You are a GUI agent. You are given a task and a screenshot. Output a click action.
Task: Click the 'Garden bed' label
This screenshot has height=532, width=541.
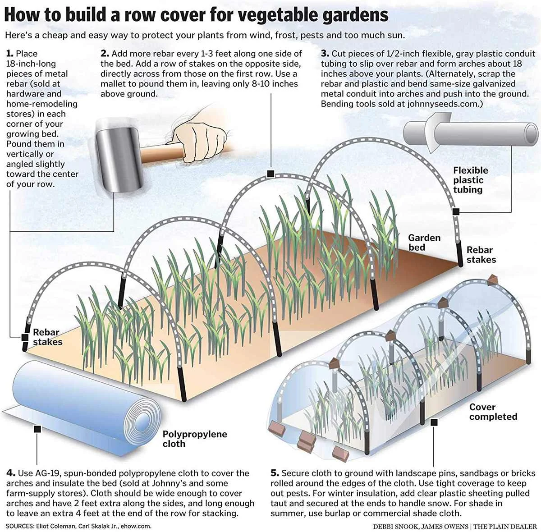coord(424,243)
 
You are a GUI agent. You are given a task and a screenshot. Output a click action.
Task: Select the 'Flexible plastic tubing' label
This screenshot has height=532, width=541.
coord(470,180)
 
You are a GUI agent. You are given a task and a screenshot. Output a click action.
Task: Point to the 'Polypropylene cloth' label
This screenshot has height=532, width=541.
coord(195,439)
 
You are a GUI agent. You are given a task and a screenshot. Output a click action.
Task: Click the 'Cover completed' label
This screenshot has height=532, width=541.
coord(493,412)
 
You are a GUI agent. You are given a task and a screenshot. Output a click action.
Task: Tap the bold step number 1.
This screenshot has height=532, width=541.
coord(9,54)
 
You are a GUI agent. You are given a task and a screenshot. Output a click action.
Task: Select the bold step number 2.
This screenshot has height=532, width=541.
coord(105,54)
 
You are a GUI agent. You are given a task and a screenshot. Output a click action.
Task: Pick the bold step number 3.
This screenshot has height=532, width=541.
coord(325,54)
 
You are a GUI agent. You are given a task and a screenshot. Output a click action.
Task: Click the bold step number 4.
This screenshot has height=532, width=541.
coord(11,473)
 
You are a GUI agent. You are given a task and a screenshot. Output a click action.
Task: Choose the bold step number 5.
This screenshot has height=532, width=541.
coord(275,473)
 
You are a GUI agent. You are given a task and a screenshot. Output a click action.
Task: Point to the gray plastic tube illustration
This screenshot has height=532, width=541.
coord(473,134)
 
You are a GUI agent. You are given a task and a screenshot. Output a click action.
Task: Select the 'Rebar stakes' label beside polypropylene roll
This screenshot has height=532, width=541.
coord(47,337)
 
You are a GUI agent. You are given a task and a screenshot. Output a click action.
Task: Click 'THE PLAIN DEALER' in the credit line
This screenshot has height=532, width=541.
coord(505,527)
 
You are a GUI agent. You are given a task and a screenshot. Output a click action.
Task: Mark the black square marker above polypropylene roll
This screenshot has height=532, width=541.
coord(37,429)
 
